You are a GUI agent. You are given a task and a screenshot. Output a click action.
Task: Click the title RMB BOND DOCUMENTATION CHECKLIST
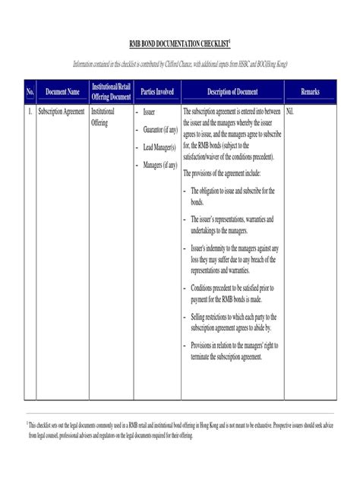[179, 46]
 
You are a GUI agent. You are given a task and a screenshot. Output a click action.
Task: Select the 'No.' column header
[31, 92]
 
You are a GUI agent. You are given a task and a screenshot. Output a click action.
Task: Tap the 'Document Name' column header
[62, 92]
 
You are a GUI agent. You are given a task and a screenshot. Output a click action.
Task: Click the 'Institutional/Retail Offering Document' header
[111, 92]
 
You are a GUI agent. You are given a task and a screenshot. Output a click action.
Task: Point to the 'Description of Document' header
[232, 92]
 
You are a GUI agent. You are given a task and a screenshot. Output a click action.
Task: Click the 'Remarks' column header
[310, 92]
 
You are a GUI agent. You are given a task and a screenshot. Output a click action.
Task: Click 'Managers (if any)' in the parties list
[159, 163]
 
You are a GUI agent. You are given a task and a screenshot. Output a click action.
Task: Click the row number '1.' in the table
[30, 111]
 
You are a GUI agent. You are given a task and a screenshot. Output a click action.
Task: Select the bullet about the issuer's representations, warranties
[232, 224]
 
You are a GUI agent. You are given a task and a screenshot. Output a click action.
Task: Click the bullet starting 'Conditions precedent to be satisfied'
[236, 293]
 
